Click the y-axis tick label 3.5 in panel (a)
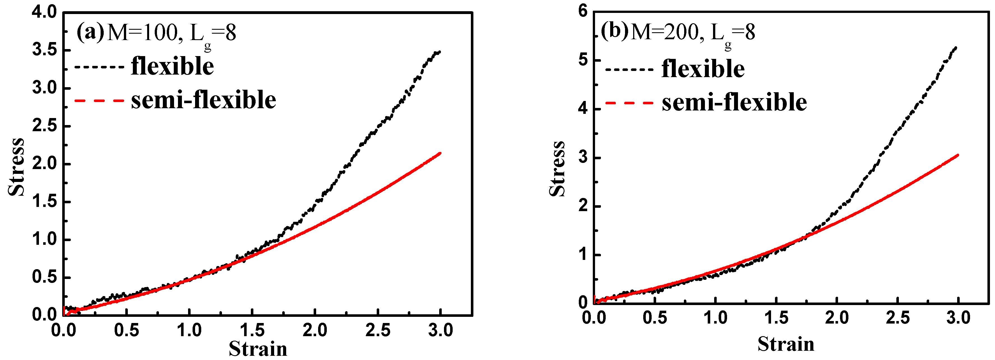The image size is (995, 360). (x=44, y=50)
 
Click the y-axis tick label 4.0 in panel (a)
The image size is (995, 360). (x=44, y=12)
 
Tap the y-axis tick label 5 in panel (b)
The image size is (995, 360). (x=583, y=60)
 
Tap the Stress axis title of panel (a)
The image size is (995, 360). (x=16, y=167)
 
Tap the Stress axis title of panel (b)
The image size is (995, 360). (x=557, y=169)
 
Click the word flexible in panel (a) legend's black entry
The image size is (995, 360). (x=172, y=66)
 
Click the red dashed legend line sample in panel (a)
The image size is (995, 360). (x=99, y=101)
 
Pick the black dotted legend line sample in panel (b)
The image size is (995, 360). (x=629, y=70)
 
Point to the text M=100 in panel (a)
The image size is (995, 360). (x=142, y=33)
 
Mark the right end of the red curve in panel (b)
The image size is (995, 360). (x=958, y=155)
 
